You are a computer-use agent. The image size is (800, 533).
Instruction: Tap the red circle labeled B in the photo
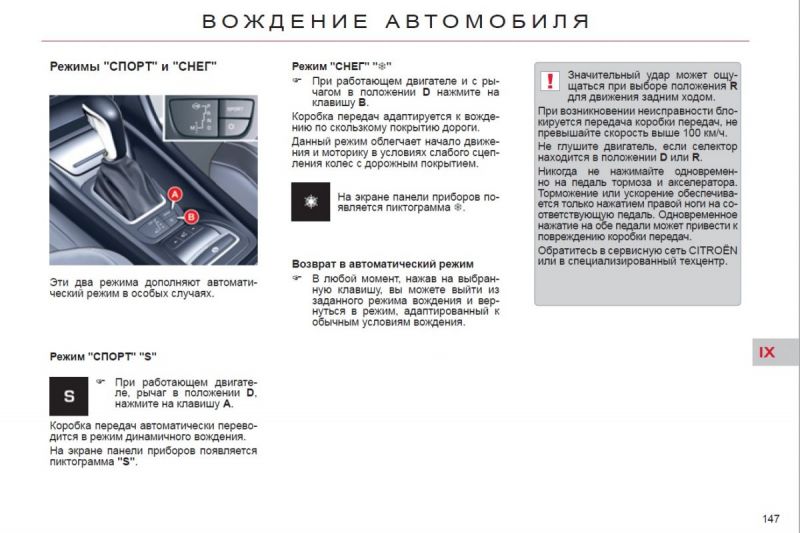pyautogui.click(x=191, y=216)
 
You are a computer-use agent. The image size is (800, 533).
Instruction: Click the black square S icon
pyautogui.click(x=69, y=396)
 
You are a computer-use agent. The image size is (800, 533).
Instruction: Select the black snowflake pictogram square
pyautogui.click(x=310, y=202)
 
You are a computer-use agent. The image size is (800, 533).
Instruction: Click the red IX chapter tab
pyautogui.click(x=767, y=352)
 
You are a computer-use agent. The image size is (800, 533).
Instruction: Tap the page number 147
pyautogui.click(x=770, y=517)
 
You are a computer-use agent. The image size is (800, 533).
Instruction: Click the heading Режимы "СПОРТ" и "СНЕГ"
pyautogui.click(x=133, y=67)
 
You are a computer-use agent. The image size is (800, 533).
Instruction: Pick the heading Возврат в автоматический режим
pyautogui.click(x=382, y=264)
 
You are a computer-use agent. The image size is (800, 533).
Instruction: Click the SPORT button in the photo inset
pyautogui.click(x=234, y=106)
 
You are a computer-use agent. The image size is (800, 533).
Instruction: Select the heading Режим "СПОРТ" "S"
pyautogui.click(x=103, y=356)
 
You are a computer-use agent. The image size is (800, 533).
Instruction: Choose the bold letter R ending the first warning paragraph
pyautogui.click(x=734, y=86)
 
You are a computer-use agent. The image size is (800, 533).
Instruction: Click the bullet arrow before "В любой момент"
pyautogui.click(x=297, y=278)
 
